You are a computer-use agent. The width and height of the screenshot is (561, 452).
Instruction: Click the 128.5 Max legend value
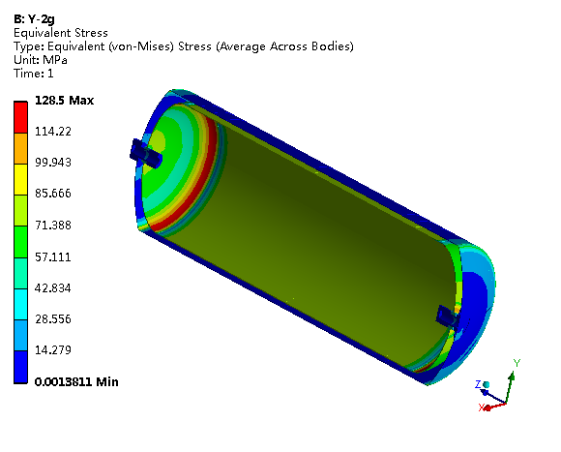click(x=65, y=101)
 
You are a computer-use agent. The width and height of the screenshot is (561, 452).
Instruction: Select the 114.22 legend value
click(x=53, y=132)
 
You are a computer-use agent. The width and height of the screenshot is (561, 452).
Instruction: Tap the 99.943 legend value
click(x=53, y=162)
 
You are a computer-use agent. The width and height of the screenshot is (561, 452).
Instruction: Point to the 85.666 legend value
click(x=53, y=194)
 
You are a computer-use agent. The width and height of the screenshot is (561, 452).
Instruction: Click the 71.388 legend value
click(x=53, y=226)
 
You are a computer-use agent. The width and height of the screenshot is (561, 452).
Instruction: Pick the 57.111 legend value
click(x=53, y=256)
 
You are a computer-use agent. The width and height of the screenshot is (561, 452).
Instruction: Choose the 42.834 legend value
click(x=53, y=287)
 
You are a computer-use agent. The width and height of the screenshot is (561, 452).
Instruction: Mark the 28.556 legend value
click(x=53, y=318)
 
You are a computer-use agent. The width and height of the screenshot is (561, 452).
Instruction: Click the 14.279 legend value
click(x=53, y=349)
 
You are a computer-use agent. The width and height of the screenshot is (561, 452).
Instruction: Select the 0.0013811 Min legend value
click(x=76, y=382)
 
